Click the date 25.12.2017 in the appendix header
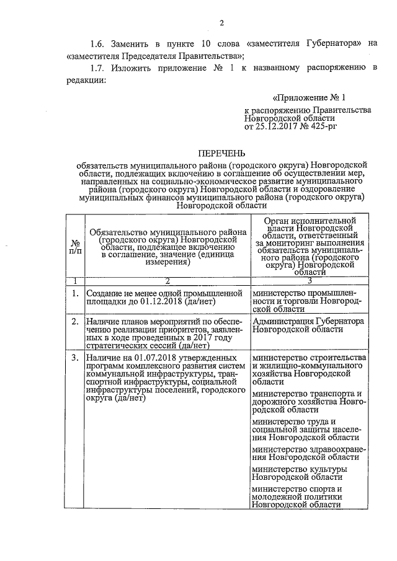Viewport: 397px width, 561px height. [279, 126]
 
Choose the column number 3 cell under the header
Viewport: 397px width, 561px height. [308, 280]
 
